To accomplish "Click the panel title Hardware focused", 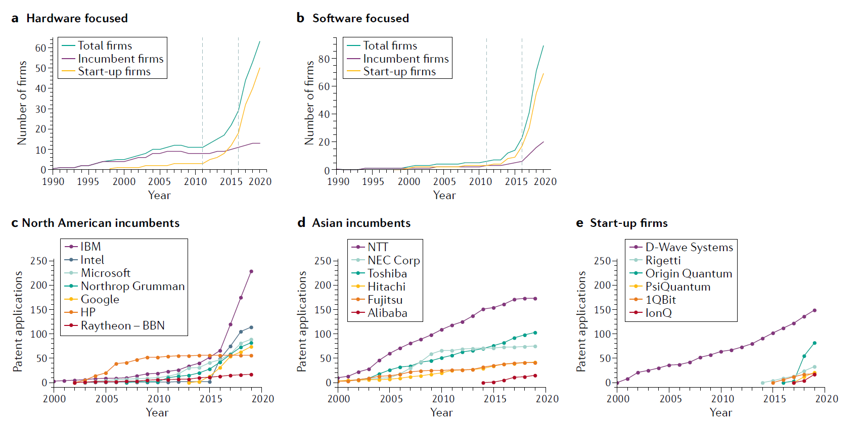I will pos(77,18).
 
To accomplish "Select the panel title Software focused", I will pos(360,18).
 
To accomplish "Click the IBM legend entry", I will pos(90,247).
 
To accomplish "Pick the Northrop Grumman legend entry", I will pos(132,286).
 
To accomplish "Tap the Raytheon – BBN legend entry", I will pos(122,325).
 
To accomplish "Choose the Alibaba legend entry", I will pos(387,313).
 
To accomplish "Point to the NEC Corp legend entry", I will pos(393,260).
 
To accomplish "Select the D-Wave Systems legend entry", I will pos(689,247).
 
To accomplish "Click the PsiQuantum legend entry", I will pos(677,287).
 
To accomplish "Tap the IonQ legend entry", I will pos(658,313).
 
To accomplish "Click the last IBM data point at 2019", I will pos(251,271).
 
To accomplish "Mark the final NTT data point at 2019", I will pos(535,299).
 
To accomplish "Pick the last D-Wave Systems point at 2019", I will pos(814,310).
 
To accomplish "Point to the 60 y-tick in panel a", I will pos(40,48).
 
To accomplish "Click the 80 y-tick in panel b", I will pos(324,59).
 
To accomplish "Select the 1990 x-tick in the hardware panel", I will pos(53,181).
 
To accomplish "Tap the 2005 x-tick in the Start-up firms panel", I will pos(670,399).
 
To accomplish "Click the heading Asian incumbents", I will pos(361,223).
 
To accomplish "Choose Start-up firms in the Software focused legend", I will pos(399,72).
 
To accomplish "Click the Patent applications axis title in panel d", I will pos(302,321).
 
